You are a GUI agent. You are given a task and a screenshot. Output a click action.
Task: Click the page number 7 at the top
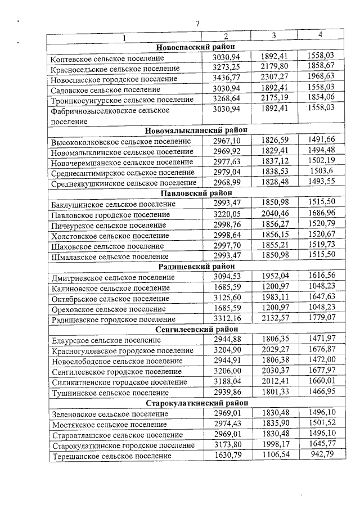[x=197, y=24]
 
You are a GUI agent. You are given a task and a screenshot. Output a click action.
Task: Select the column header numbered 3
[x=273, y=35]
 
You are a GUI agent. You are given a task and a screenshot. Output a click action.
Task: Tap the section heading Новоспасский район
[x=196, y=46]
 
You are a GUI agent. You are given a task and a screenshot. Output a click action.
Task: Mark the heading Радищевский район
[x=196, y=266]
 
